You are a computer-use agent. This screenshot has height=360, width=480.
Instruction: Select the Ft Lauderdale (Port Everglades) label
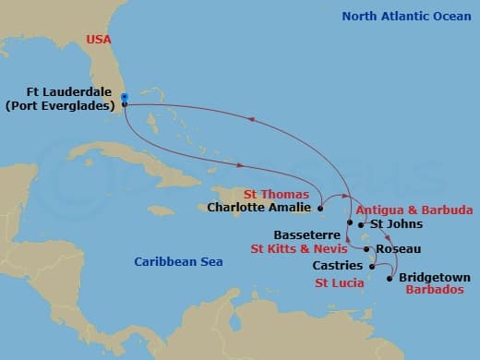[x=60, y=99]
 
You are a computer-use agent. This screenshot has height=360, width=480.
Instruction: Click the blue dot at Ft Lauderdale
[x=124, y=96]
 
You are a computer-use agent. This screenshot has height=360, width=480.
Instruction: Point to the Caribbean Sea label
[x=178, y=262]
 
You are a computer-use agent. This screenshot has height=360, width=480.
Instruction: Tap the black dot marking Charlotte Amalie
[x=319, y=208]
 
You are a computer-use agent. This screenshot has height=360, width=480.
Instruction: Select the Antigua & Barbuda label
[x=414, y=210]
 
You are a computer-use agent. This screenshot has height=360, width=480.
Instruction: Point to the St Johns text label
[x=396, y=224]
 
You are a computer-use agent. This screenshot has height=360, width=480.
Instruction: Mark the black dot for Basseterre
[x=349, y=223]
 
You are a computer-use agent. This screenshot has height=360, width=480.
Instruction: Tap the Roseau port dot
[x=367, y=249]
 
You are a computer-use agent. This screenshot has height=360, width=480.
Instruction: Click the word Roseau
[x=400, y=249]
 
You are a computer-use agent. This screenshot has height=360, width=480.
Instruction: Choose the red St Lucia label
[x=339, y=282]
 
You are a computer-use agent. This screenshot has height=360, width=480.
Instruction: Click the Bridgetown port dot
[x=390, y=278]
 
